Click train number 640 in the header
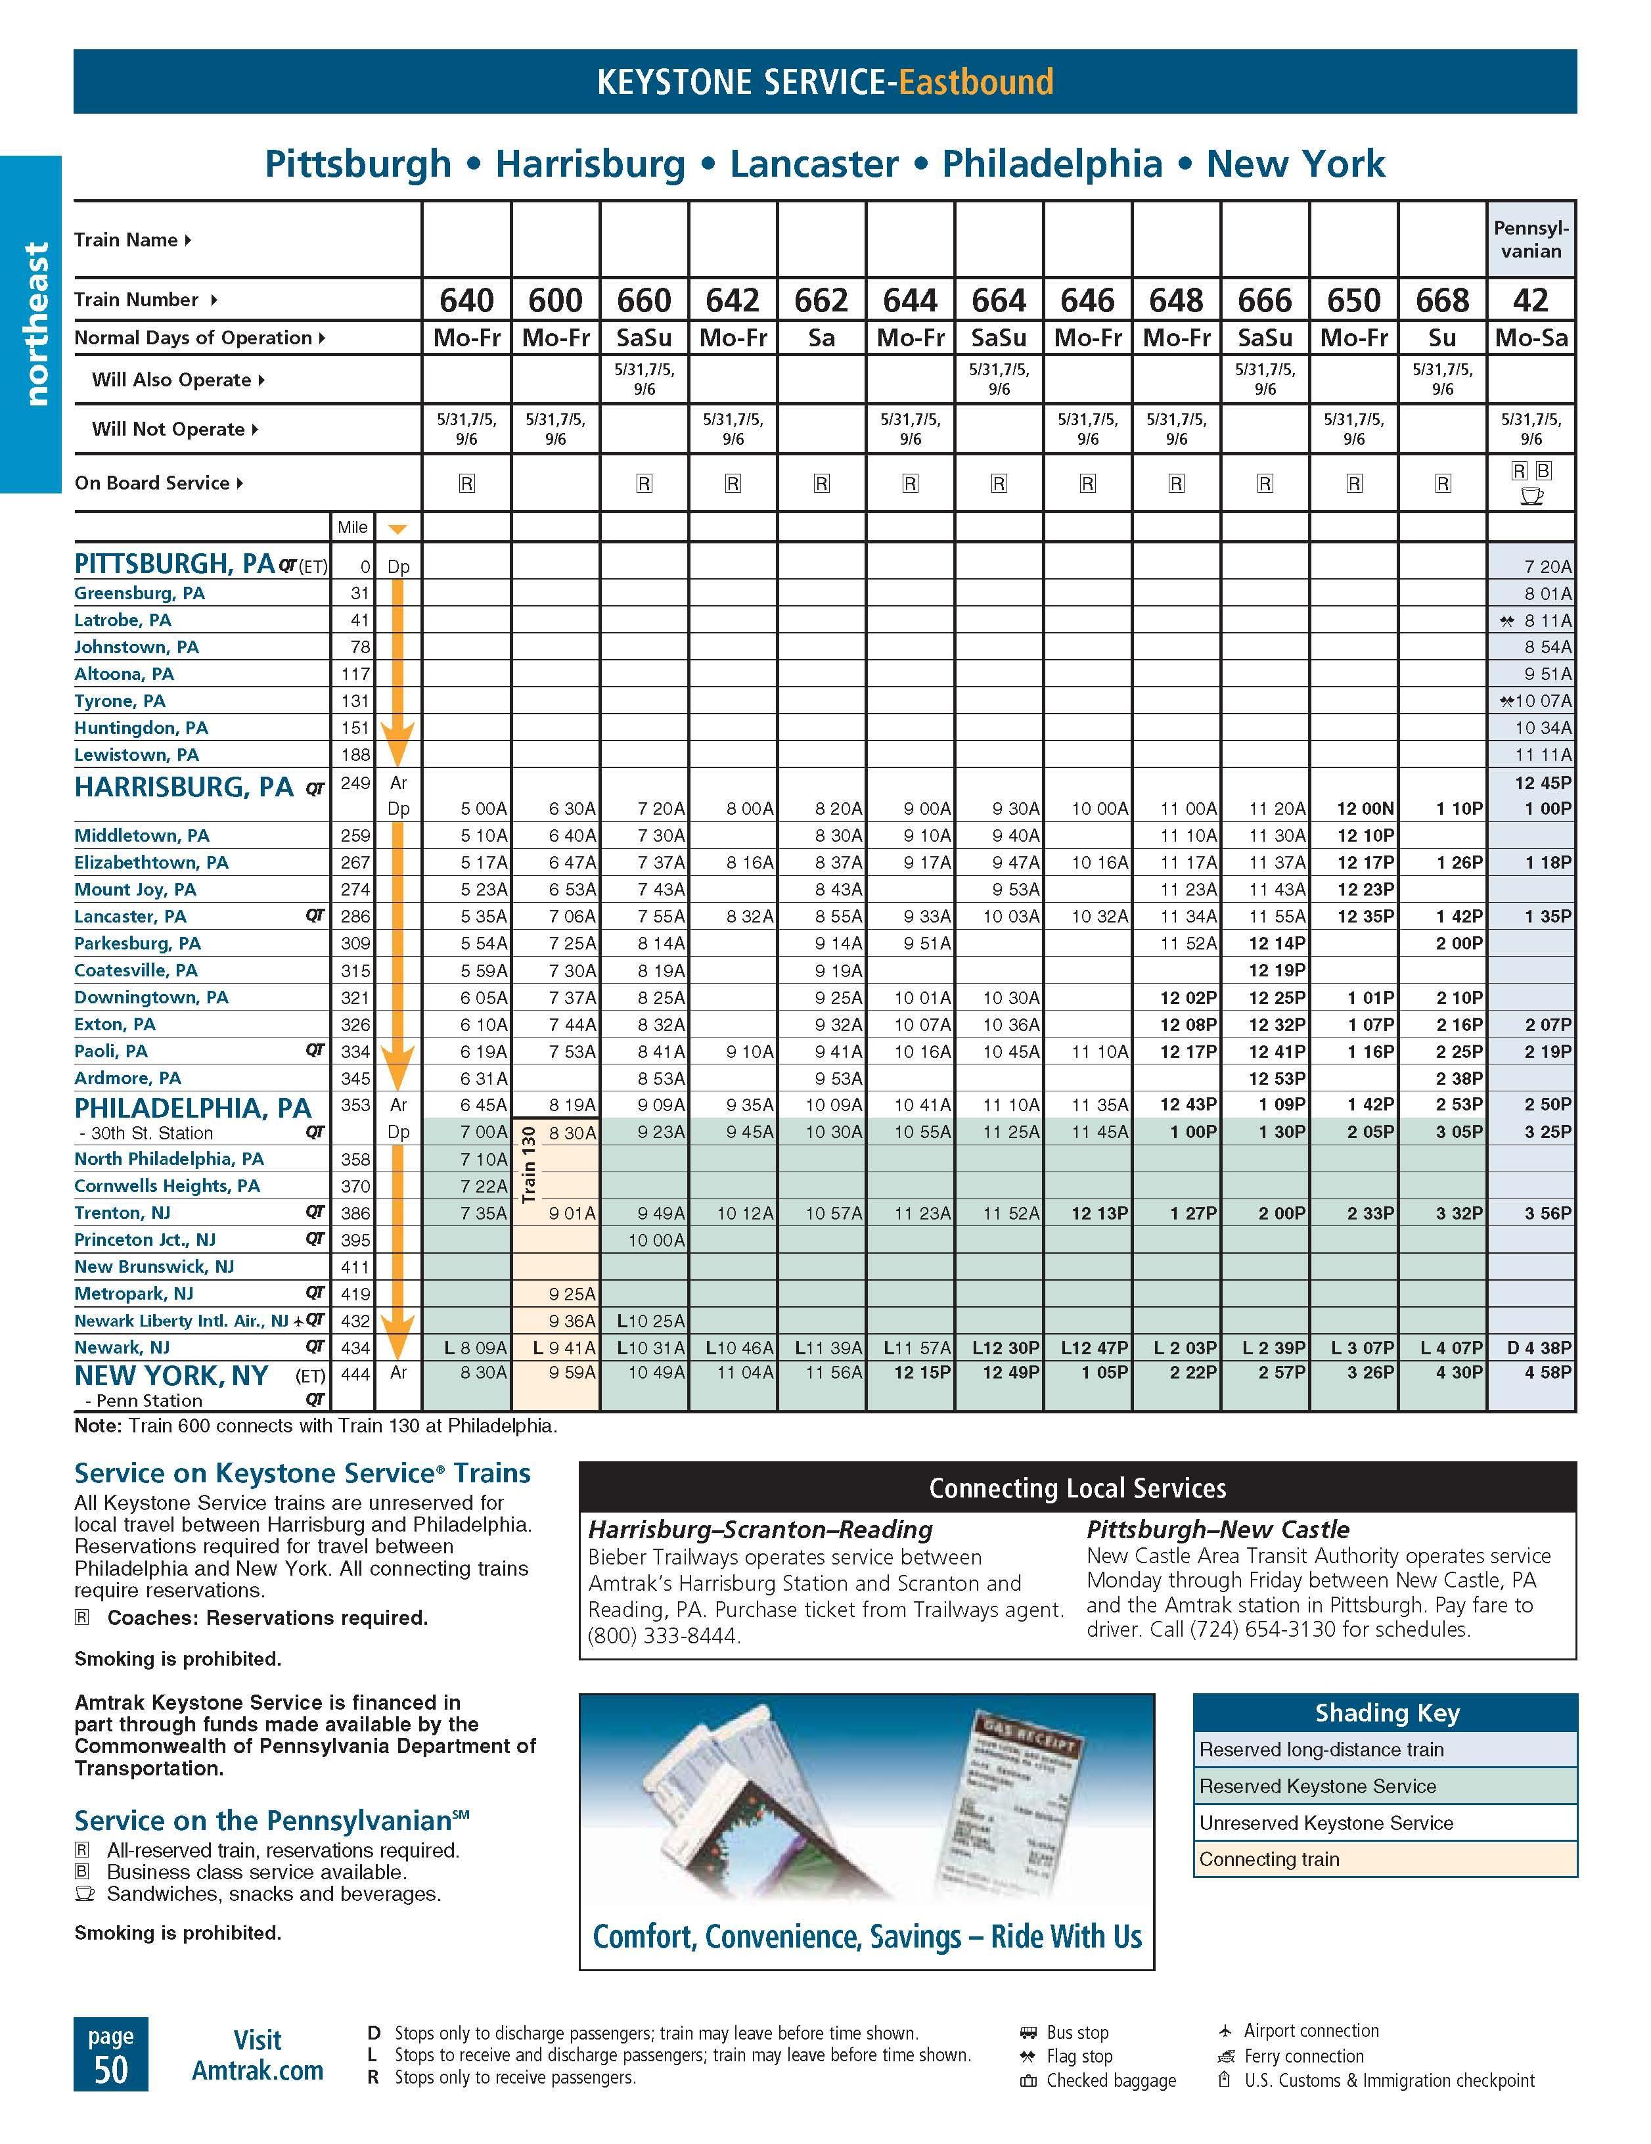[x=466, y=300]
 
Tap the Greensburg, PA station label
[x=139, y=593]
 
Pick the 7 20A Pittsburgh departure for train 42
[x=1547, y=566]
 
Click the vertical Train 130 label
[x=529, y=1164]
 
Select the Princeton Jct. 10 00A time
[x=656, y=1240]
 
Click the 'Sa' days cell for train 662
[x=822, y=338]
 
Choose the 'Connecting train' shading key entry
[x=1268, y=1859]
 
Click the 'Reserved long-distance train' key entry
[x=1321, y=1749]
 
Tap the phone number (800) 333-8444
[x=664, y=1635]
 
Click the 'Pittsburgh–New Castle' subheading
[x=1217, y=1530]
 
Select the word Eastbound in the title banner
[x=976, y=81]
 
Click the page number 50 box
[x=111, y=2054]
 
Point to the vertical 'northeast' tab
[x=35, y=324]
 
